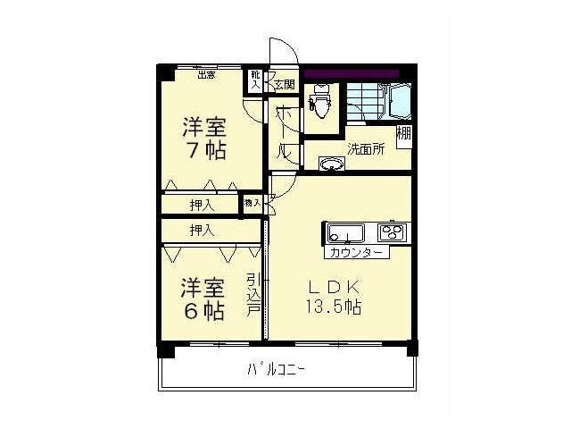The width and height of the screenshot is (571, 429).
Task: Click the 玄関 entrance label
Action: [284, 85]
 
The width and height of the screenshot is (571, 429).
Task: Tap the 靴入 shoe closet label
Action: [255, 80]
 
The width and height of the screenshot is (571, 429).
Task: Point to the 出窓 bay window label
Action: [206, 75]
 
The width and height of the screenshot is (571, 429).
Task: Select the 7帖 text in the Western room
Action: [204, 151]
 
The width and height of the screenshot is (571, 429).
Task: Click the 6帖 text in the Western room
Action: [203, 312]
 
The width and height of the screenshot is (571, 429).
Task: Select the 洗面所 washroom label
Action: [366, 149]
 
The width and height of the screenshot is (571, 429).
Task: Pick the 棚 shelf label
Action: [404, 135]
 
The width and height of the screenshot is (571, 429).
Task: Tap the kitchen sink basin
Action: [344, 234]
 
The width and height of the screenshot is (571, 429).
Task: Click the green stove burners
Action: [392, 233]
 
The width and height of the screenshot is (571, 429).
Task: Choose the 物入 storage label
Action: [252, 204]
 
